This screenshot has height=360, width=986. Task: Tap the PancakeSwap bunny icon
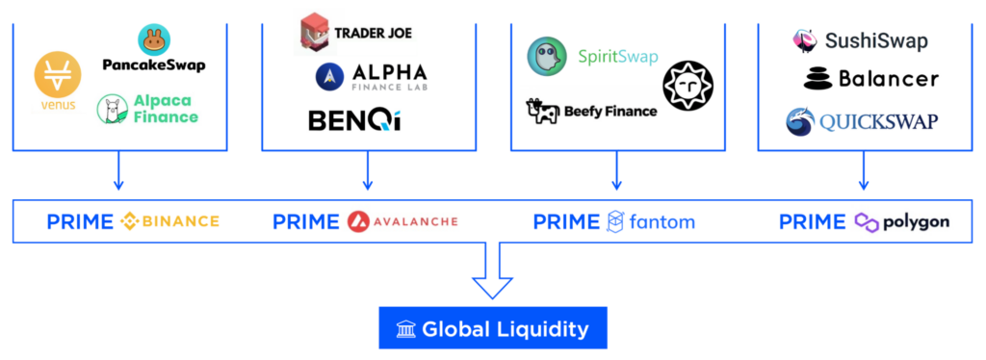point(154,39)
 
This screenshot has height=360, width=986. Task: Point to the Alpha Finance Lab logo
point(330,75)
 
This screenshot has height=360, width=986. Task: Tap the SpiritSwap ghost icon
point(546,56)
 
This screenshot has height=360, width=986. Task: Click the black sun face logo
point(688,84)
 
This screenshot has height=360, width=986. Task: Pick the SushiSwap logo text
point(875,40)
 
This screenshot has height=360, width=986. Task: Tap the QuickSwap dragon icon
point(801,122)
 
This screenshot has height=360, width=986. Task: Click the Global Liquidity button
point(492,329)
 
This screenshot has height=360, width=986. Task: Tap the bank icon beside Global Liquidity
point(405,329)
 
